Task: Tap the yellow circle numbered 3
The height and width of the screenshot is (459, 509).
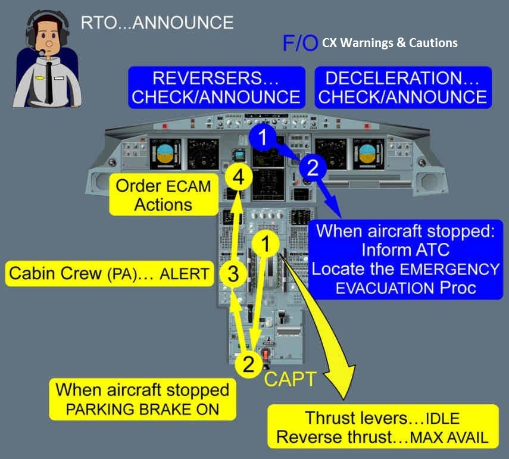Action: [234, 274]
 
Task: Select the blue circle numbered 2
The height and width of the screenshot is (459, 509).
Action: [313, 167]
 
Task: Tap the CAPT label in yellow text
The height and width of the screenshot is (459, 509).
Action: [290, 379]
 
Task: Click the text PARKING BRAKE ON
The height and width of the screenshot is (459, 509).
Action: [142, 409]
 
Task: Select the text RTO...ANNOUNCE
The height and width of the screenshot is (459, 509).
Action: [157, 23]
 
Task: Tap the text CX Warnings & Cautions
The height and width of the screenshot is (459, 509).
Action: [390, 43]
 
